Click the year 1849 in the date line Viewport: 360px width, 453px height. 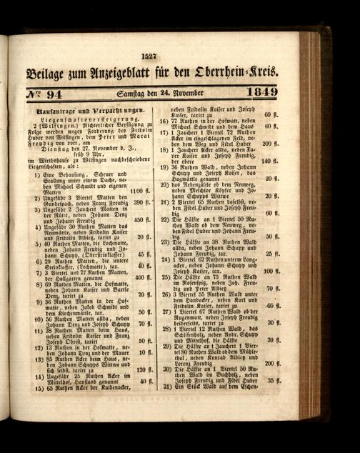261,92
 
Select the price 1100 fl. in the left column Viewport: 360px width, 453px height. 139,191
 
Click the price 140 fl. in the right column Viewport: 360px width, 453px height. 269,161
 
